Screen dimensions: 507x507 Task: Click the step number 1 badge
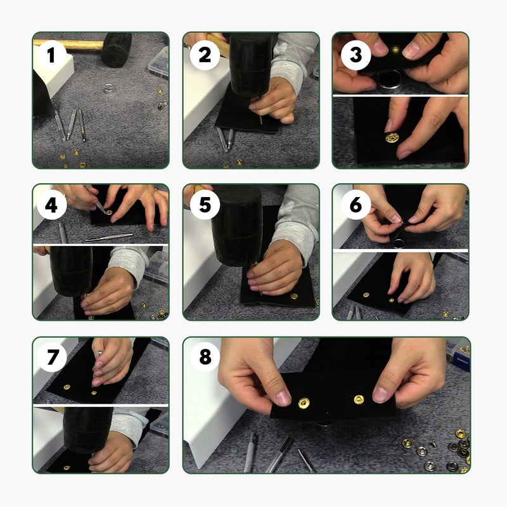[51, 55]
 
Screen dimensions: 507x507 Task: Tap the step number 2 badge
[205, 55]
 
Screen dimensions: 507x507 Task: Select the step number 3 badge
[356, 55]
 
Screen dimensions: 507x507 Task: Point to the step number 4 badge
[51, 205]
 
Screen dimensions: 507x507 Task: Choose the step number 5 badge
[205, 205]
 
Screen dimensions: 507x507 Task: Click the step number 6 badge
[356, 205]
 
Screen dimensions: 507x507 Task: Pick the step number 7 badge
[51, 357]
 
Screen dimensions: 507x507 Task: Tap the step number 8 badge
[205, 357]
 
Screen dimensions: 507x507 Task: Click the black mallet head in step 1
[117, 49]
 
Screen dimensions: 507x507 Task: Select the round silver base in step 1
[108, 88]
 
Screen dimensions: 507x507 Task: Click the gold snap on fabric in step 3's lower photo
[392, 138]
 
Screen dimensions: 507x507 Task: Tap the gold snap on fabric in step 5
[294, 296]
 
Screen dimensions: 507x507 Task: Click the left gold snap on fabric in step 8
[304, 403]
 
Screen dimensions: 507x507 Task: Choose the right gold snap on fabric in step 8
[359, 400]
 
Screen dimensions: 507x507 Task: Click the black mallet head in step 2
[250, 65]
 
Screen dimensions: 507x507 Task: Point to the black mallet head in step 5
[237, 226]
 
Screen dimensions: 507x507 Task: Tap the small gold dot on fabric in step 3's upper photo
[395, 49]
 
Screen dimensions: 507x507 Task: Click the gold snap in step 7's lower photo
[67, 468]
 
